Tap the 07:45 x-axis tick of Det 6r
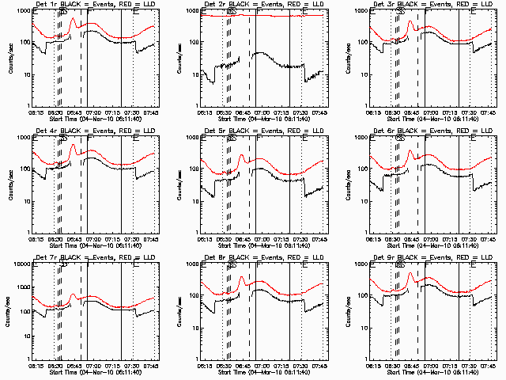point(489,238)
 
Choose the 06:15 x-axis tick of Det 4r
point(35,238)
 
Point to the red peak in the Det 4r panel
point(73,146)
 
